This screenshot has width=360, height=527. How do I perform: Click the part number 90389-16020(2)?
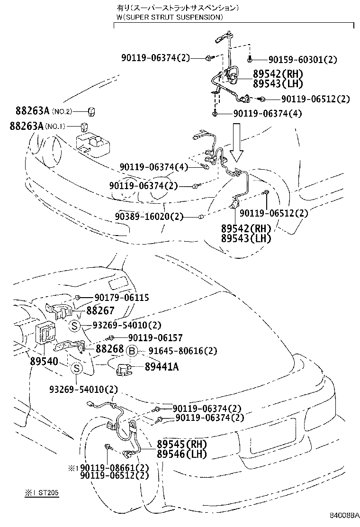pos(148,217)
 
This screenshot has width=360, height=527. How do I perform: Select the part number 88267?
pos(101,310)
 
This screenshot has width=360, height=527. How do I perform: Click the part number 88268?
pos(110,348)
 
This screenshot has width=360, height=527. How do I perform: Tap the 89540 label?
pos(44,362)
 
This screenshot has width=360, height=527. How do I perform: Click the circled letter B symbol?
pos(132,351)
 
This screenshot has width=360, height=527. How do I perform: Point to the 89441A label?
pos(161,366)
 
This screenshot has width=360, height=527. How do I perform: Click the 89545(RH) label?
pos(182,445)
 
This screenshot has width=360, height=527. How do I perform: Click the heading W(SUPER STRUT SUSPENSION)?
pos(169,17)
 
